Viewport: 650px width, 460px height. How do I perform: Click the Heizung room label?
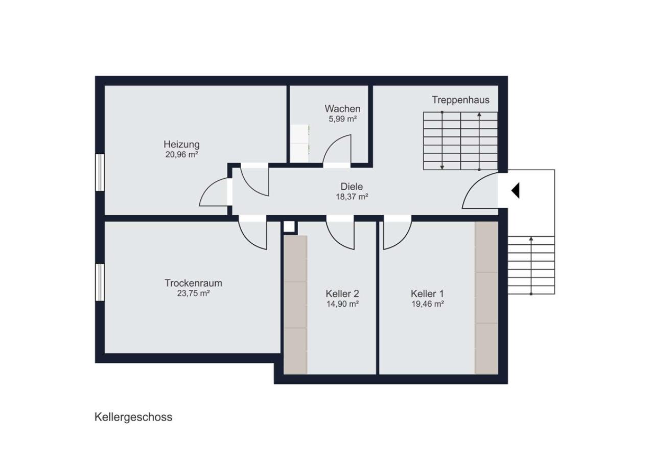(181, 144)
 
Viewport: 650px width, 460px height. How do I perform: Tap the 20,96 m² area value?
(181, 154)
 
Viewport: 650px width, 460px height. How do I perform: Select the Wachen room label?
(342, 109)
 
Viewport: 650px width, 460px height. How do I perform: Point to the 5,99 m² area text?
(342, 119)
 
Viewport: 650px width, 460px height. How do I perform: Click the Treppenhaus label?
(460, 100)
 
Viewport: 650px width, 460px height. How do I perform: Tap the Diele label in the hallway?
(352, 187)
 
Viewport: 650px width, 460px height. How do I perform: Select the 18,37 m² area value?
(352, 197)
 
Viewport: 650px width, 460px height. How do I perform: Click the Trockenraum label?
(193, 283)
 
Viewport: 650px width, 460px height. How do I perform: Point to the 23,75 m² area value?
(193, 293)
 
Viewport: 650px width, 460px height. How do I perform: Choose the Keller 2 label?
(342, 294)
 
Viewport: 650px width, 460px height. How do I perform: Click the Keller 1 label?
(427, 294)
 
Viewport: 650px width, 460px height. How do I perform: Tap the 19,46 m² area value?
(427, 304)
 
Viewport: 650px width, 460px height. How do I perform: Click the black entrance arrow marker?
(516, 191)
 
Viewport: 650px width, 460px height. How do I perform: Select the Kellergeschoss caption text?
(133, 418)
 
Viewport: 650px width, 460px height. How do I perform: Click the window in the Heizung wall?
(100, 172)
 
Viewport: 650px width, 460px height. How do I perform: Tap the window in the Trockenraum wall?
(100, 282)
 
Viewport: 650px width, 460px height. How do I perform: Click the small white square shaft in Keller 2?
(289, 226)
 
